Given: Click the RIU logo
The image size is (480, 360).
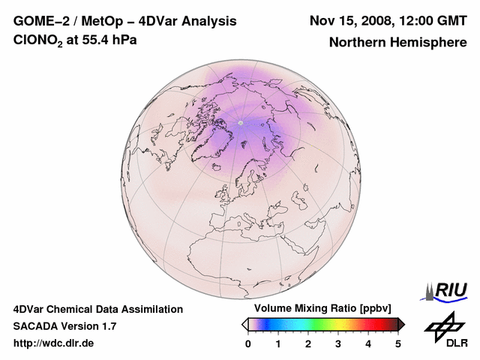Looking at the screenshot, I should [448, 291].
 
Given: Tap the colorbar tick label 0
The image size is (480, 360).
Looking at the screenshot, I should [248, 343].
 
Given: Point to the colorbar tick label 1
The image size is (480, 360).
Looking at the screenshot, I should [278, 343].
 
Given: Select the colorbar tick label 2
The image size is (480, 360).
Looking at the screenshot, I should [308, 343].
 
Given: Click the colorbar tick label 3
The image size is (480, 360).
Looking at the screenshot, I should [338, 343].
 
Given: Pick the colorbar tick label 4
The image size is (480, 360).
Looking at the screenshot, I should [368, 343].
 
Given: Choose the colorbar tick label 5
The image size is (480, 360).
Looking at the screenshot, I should [398, 343].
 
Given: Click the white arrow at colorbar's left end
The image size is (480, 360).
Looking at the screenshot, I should [244, 324].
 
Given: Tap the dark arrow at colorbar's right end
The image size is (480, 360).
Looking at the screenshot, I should [402, 324].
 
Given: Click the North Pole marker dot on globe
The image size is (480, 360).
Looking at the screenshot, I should [241, 122].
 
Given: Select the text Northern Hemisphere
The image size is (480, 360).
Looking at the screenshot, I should [397, 43].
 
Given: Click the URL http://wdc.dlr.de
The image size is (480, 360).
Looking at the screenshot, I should [54, 343].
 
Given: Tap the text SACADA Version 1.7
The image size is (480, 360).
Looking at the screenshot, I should [64, 326].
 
